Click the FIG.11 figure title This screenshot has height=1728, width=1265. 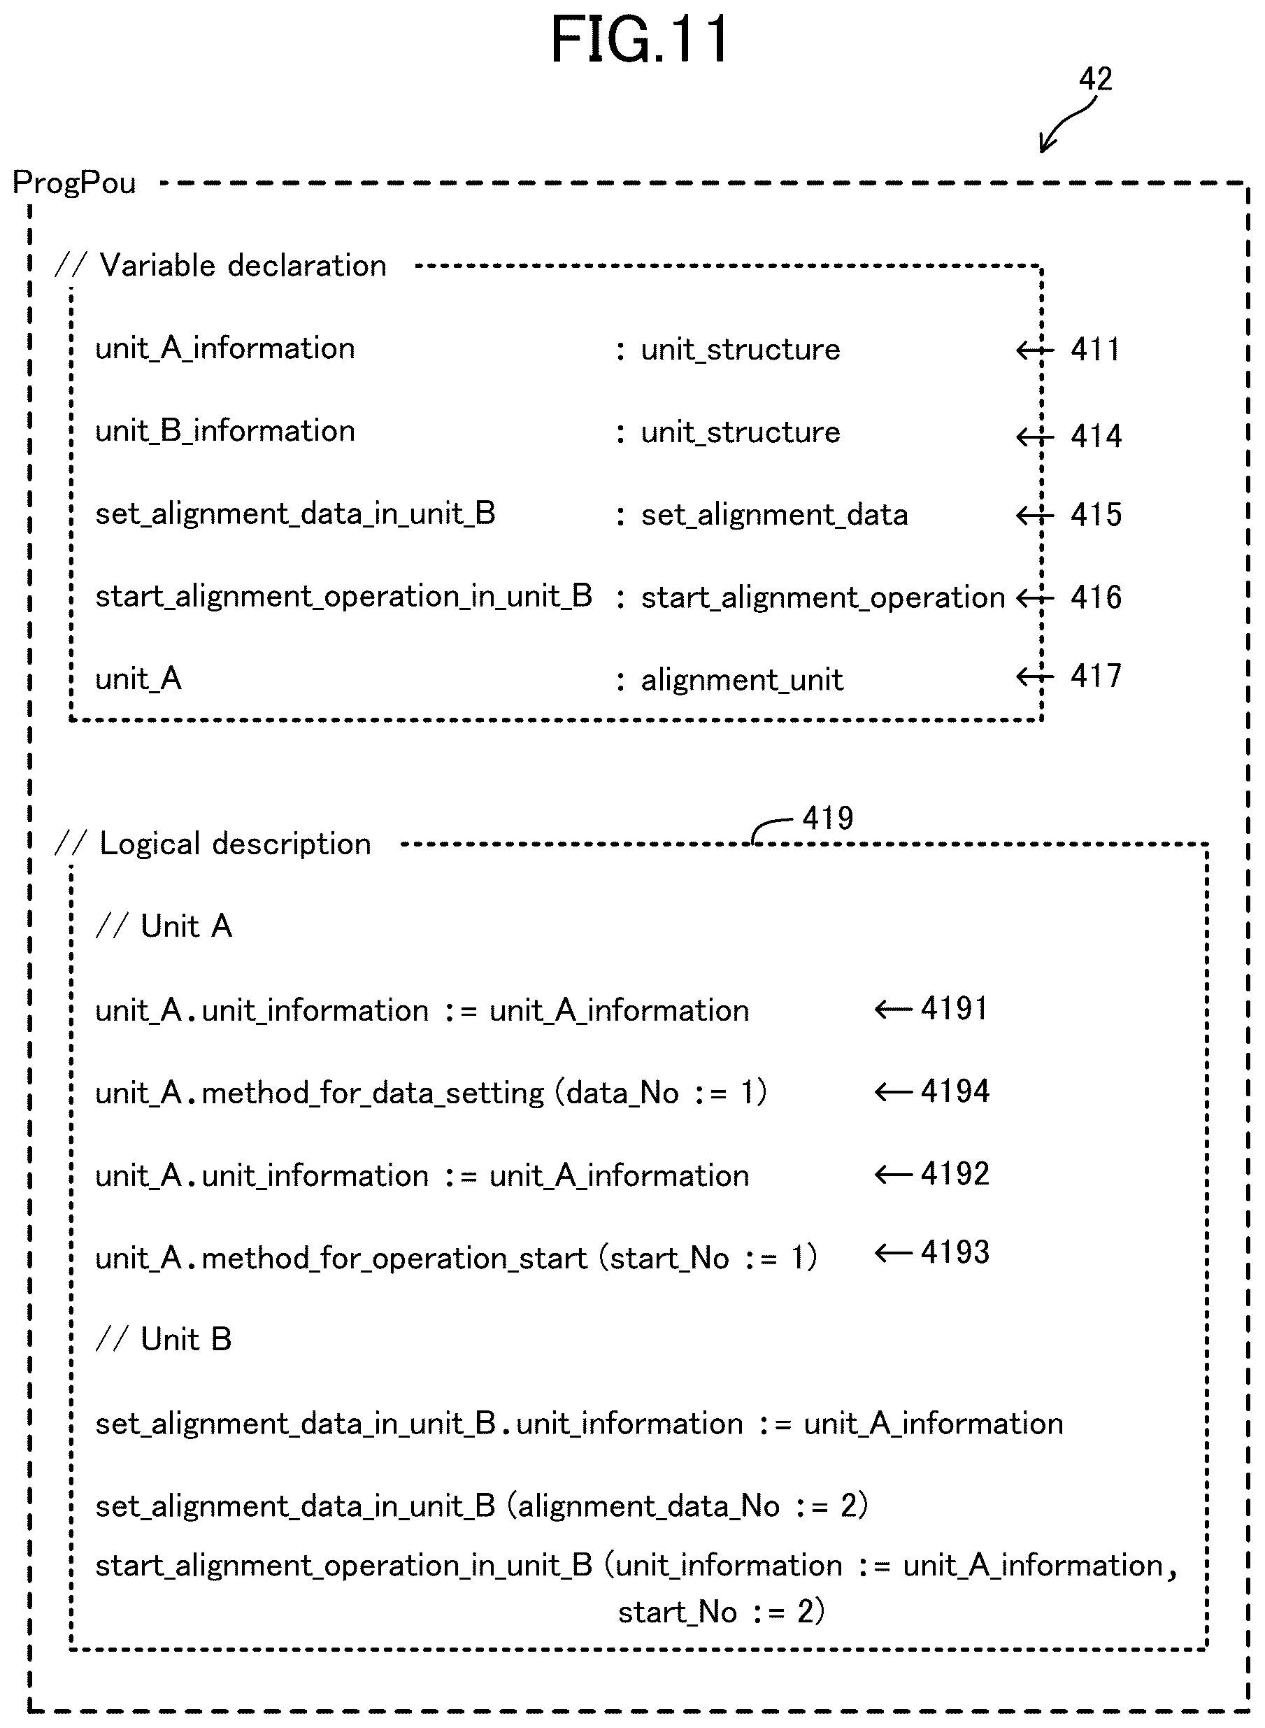point(639,40)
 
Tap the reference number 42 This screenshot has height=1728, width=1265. point(1095,79)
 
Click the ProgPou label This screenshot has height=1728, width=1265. point(74,183)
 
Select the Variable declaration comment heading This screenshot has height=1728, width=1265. point(220,266)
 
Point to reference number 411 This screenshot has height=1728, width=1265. point(1095,349)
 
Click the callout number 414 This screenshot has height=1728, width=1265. point(1096,436)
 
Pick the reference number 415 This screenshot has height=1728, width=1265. point(1096,514)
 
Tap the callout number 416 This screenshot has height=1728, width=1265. point(1096,597)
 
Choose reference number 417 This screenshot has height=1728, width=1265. point(1096,676)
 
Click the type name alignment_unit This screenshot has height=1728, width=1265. point(741,680)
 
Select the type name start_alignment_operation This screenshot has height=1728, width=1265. point(823,597)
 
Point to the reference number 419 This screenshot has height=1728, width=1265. point(828,818)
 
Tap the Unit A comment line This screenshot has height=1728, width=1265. point(164,927)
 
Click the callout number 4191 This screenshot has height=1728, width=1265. point(954,1009)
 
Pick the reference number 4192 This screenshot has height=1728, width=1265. point(955,1173)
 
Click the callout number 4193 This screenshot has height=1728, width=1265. point(955,1252)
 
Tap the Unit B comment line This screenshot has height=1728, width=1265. point(164,1340)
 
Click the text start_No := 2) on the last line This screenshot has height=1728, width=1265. point(722,1612)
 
